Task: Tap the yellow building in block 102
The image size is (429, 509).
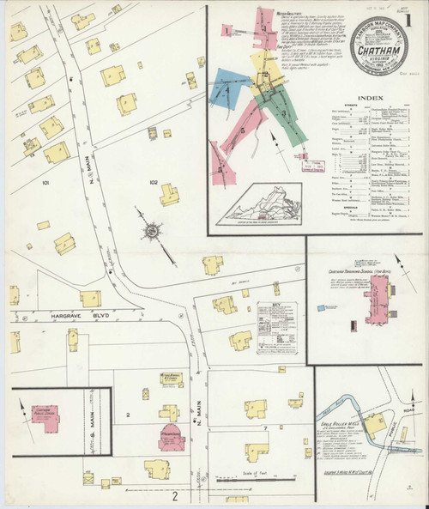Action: [171, 195]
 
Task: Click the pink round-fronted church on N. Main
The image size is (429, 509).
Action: [171, 433]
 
